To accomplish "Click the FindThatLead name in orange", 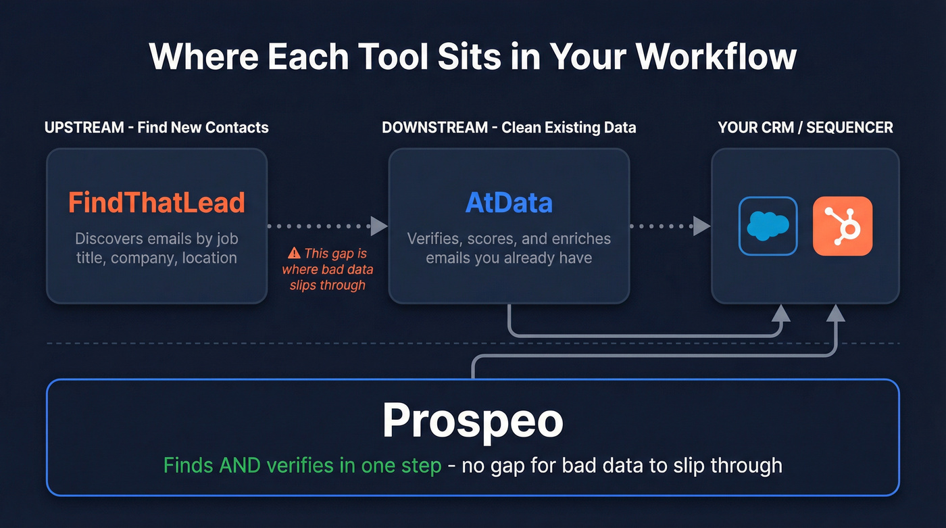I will click(x=156, y=203).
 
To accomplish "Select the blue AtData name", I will click(x=509, y=203).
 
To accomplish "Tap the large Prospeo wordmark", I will click(x=472, y=420).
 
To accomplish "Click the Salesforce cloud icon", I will click(x=768, y=226).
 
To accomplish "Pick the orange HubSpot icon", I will click(x=842, y=226).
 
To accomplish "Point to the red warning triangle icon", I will click(x=294, y=254).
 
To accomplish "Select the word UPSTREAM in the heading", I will click(x=84, y=128).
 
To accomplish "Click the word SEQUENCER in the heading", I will click(x=850, y=128).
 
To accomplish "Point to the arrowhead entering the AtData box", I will click(x=380, y=226).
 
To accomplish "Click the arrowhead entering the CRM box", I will click(x=703, y=226).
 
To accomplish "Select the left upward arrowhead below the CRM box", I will click(x=781, y=312).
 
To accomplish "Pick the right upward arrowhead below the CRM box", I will click(x=836, y=312).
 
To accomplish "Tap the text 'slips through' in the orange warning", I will click(x=328, y=285).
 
